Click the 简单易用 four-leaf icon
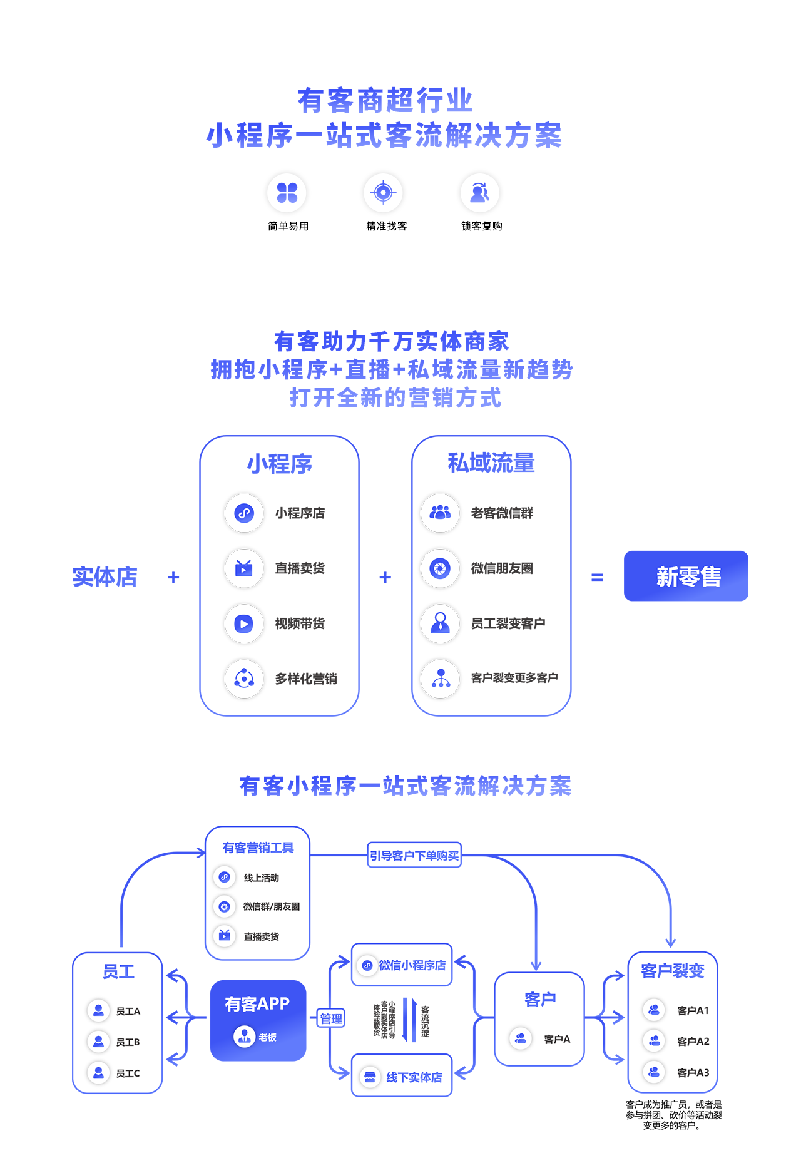coord(287,192)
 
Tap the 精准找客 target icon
coord(383,192)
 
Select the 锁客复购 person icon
coord(479,192)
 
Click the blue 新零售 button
coord(686,576)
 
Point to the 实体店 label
coord(105,576)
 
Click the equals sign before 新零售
coord(597,577)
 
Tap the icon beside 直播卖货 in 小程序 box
coord(243,568)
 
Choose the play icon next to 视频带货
coord(243,623)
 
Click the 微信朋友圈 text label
coord(502,568)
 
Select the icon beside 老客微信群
coord(440,513)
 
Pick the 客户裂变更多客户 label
coord(514,678)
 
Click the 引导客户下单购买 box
coord(414,855)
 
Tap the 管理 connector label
coord(331,1018)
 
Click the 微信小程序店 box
coord(402,965)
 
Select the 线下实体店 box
coord(402,1077)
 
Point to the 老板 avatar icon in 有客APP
coord(244,1037)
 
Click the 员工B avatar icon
coord(98,1042)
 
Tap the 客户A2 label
coord(693,1042)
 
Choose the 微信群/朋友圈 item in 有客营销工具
coord(271,906)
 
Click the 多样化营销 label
coord(306,679)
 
